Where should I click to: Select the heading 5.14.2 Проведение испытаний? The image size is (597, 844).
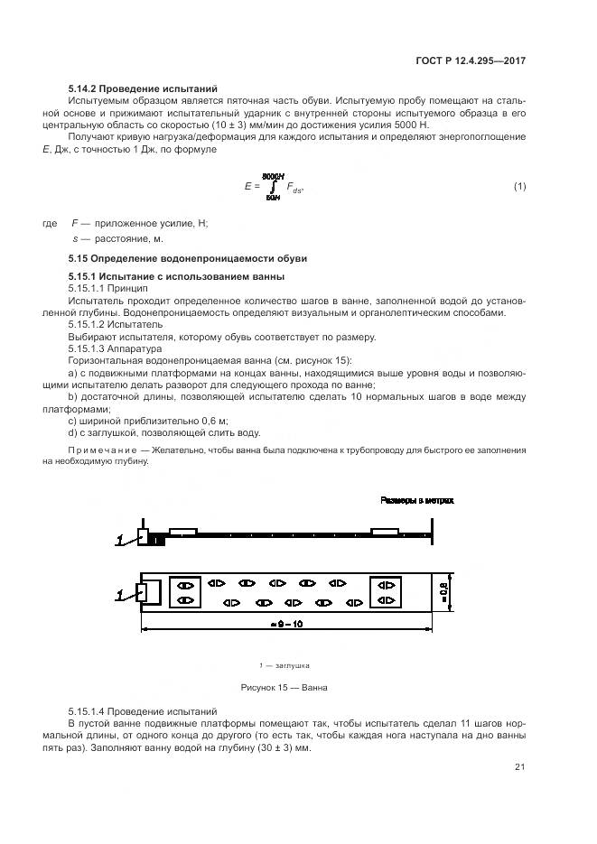[143, 88]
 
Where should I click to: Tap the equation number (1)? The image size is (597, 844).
[519, 186]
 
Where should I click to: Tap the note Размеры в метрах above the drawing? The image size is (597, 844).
[416, 499]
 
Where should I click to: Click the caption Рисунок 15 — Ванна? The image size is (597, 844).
[284, 687]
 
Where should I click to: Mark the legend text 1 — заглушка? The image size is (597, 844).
[284, 665]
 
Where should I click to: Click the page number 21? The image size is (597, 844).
[519, 767]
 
